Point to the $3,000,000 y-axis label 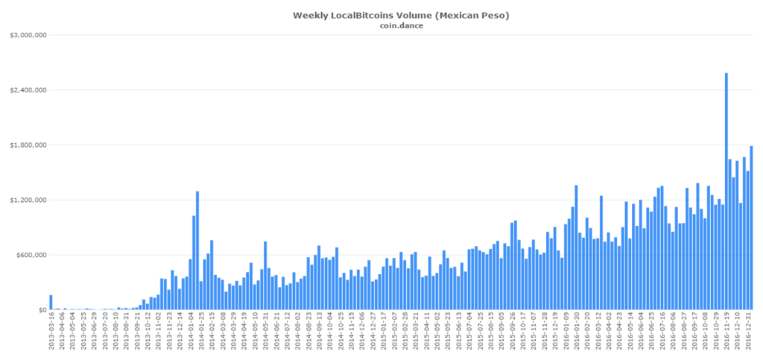[x=29, y=35]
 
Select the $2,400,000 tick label [x=29, y=90]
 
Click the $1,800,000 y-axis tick [x=29, y=145]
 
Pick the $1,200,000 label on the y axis [x=29, y=200]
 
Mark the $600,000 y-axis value [x=32, y=255]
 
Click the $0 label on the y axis [x=40, y=310]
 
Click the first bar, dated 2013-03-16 [x=51, y=303]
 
